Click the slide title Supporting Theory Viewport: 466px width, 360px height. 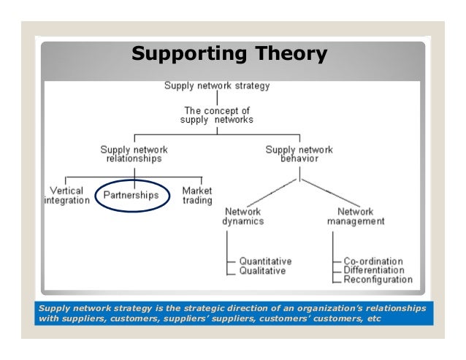click(x=230, y=55)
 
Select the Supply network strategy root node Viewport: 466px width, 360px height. click(x=217, y=85)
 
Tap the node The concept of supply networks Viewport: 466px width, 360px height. click(x=217, y=115)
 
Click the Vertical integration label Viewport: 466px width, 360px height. click(x=66, y=195)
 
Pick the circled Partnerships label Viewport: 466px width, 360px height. click(x=132, y=195)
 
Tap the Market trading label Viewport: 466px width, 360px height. click(x=197, y=195)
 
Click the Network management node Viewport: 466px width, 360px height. click(x=356, y=215)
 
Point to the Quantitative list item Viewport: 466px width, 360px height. click(x=266, y=260)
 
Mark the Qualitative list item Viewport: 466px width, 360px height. click(x=262, y=270)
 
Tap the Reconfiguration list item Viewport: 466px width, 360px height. click(x=378, y=279)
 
